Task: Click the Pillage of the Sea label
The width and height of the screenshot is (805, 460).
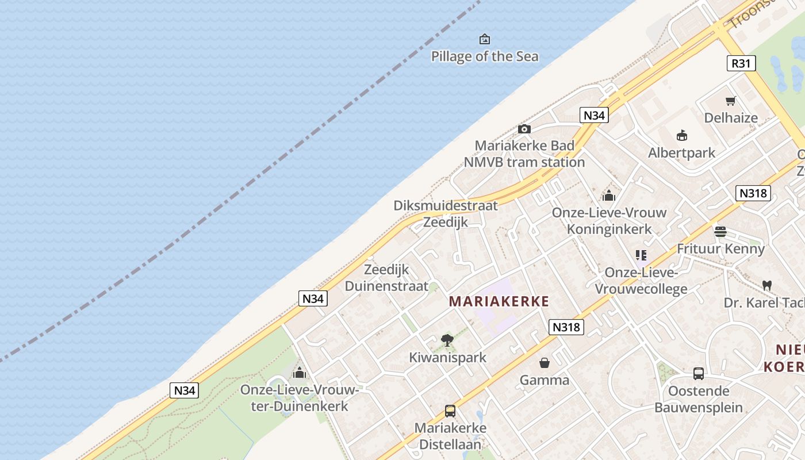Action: pos(485,56)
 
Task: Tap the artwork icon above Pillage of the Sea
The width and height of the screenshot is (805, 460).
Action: pos(485,39)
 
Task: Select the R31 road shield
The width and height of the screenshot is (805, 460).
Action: pos(741,63)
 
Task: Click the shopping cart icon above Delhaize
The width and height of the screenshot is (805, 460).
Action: pos(731,101)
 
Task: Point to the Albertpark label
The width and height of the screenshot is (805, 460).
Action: pos(681,153)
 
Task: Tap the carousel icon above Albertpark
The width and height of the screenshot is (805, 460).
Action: pos(682,136)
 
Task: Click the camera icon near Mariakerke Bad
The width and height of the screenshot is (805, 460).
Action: pos(524,129)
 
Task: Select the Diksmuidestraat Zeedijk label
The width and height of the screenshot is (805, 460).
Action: pos(446,213)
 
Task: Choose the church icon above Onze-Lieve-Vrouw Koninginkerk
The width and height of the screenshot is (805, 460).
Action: pos(609,195)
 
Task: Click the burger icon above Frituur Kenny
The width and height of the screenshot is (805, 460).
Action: pos(720,232)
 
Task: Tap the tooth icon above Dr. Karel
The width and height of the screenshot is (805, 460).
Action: pos(766,285)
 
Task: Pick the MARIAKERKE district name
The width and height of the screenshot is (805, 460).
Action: pos(499,301)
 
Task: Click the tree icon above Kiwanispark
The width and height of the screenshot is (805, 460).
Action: pos(447,340)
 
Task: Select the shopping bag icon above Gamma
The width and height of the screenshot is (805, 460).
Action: pos(544,363)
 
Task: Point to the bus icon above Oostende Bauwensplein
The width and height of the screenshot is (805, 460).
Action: pos(698,374)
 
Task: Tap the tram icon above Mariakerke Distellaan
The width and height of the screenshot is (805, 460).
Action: pos(450,411)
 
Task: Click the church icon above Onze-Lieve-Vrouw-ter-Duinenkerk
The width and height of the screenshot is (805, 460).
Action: pos(299,373)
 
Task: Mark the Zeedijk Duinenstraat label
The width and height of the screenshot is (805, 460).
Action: pos(386,278)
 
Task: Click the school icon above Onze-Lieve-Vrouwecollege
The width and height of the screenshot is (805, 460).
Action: pos(641,255)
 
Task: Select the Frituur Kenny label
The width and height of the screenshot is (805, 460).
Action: pos(720,249)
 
